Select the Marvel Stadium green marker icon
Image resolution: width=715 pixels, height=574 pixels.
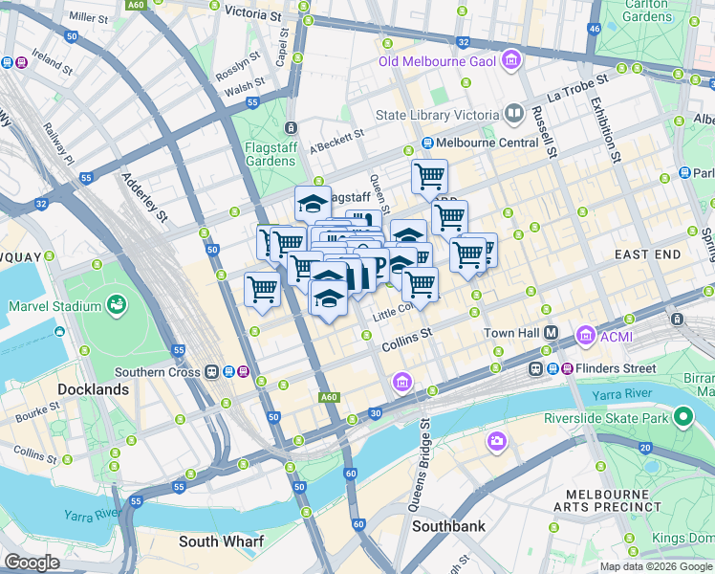coord(117,306)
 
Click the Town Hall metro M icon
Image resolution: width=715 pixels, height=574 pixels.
coord(552,333)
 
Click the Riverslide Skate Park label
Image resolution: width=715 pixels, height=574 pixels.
coord(618,418)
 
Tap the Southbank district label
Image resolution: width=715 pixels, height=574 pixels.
coord(448,526)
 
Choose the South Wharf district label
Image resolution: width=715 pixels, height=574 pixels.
coord(221,541)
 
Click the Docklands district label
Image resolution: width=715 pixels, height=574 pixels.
coord(93,389)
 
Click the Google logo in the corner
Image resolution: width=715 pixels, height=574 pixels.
coord(32,562)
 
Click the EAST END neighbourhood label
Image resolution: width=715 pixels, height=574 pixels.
coord(647,254)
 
